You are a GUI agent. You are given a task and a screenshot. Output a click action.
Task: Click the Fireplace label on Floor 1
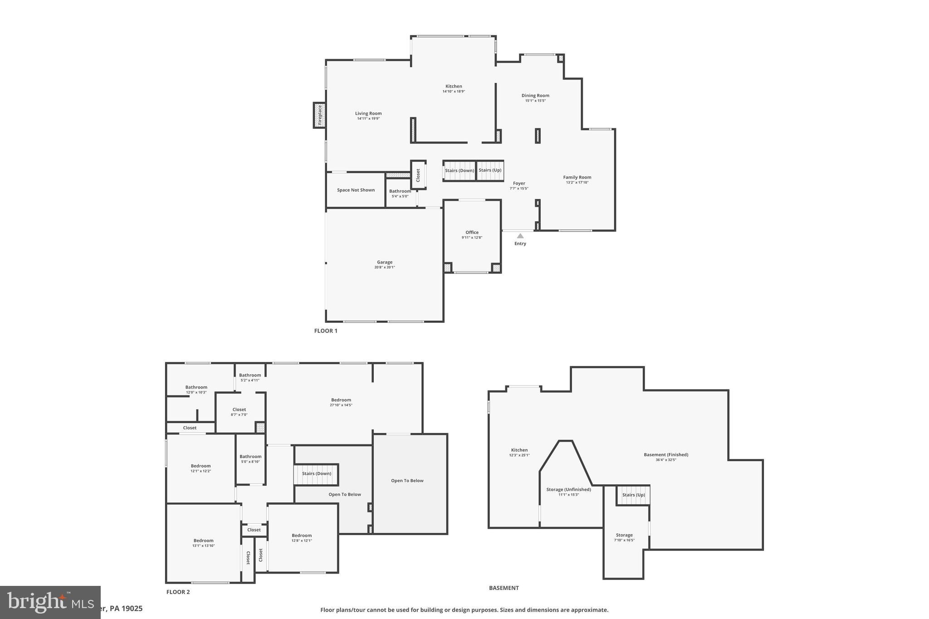(319, 115)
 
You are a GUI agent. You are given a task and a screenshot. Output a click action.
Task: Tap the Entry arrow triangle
(520, 236)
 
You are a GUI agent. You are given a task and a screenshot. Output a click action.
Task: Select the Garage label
(385, 262)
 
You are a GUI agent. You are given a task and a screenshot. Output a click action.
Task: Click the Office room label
(472, 233)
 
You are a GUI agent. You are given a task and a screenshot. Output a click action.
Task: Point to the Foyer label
(519, 184)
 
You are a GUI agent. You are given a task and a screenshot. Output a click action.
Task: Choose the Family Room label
(577, 177)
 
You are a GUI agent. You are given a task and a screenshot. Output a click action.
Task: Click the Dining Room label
(535, 96)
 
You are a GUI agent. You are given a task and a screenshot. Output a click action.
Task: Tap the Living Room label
(368, 113)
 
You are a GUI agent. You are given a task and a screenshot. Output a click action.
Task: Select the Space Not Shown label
(356, 190)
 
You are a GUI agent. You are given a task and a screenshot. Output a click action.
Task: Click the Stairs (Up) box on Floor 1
(490, 171)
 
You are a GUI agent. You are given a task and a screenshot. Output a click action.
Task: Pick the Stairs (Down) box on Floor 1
(459, 171)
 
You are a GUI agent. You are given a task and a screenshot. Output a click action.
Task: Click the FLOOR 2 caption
(178, 592)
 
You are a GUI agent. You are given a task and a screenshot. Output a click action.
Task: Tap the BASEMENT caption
(504, 588)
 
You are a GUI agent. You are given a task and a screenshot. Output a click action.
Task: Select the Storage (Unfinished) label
(568, 490)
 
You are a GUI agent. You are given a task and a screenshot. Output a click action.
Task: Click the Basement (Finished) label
(666, 455)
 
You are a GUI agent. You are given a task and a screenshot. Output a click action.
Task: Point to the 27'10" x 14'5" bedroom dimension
(341, 405)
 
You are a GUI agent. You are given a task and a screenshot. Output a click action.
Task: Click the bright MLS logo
(50, 602)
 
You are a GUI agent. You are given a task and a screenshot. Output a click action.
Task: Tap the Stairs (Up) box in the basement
(633, 495)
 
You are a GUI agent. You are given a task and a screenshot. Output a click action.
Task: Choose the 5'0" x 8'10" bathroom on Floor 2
(250, 459)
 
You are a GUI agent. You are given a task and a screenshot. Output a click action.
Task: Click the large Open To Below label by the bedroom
(407, 481)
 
